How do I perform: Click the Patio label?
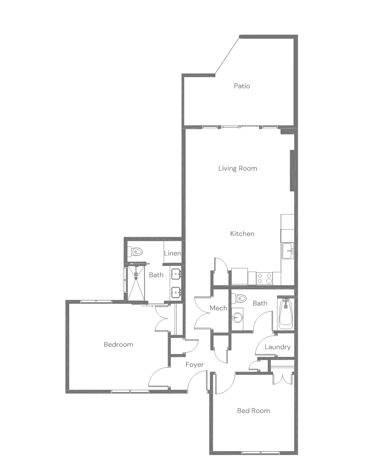[x=242, y=86]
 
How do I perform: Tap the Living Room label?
[x=238, y=168]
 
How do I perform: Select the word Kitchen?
[x=242, y=234]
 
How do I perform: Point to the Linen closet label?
[x=173, y=253]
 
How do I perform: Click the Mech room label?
[x=219, y=308]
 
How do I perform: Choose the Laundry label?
[x=277, y=347]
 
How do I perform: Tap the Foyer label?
[x=195, y=364]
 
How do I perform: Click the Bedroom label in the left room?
[x=118, y=345]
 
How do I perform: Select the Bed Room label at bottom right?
[x=254, y=411]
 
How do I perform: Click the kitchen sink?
[x=288, y=251]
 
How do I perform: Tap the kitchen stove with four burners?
[x=264, y=278]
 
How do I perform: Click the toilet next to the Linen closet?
[x=135, y=252]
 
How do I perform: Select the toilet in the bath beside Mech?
[x=239, y=298]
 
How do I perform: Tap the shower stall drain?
[x=136, y=278]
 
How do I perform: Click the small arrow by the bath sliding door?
[x=147, y=306]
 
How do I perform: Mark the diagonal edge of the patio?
[x=227, y=56]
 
